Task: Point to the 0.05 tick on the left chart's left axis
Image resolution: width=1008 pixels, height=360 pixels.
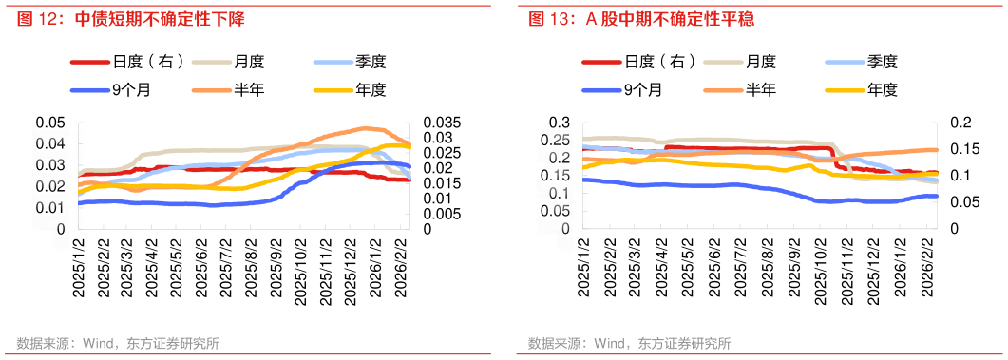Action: [50, 123]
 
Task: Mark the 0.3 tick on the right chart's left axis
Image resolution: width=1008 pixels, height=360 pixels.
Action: [562, 123]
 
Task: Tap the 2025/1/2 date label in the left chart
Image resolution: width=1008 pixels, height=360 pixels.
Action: [80, 270]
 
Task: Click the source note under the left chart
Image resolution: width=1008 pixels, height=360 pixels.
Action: [118, 344]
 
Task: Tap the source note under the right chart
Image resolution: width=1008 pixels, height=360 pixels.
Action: [629, 344]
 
